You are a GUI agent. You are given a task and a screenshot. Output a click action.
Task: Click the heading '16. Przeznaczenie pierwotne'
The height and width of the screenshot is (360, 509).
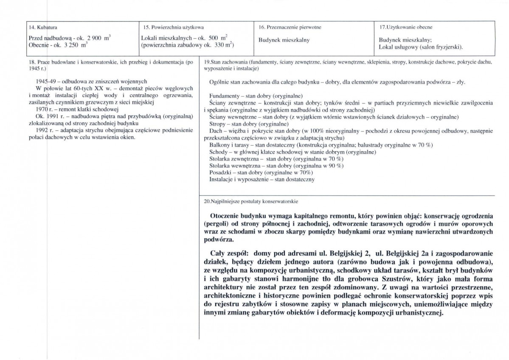tap(290, 28)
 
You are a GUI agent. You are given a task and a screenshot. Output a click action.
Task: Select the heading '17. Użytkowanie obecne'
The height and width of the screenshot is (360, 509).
tap(405, 28)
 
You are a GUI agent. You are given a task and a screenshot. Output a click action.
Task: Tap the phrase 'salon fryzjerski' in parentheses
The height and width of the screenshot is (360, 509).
tap(442, 46)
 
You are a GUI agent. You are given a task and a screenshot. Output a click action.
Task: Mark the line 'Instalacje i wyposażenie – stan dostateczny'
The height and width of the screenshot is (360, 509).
tap(262, 180)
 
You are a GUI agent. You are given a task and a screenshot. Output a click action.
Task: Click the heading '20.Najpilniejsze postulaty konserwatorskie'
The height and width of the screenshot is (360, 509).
tap(254, 202)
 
